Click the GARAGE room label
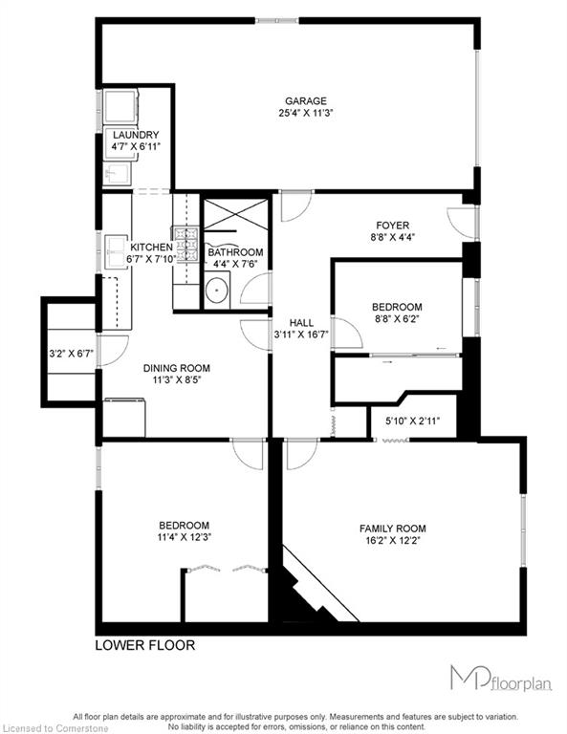pyautogui.click(x=306, y=101)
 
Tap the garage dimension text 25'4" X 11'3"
pyautogui.click(x=306, y=113)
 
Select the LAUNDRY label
pyautogui.click(x=136, y=135)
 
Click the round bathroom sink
pyautogui.click(x=217, y=291)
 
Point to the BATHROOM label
pyautogui.click(x=235, y=252)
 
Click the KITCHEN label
pyautogui.click(x=151, y=248)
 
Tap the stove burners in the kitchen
pyautogui.click(x=187, y=244)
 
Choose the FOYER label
pyautogui.click(x=392, y=226)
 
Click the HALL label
pyautogui.click(x=301, y=323)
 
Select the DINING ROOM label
pyautogui.click(x=177, y=368)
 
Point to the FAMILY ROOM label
pyautogui.click(x=392, y=529)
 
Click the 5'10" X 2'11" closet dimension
pyautogui.click(x=412, y=421)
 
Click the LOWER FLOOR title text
pyautogui.click(x=145, y=645)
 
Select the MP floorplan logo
pyautogui.click(x=501, y=678)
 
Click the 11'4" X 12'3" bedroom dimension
pyautogui.click(x=184, y=537)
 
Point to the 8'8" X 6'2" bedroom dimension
pyautogui.click(x=397, y=319)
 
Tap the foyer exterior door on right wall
pyautogui.click(x=461, y=223)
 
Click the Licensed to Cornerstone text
pyautogui.click(x=55, y=729)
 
